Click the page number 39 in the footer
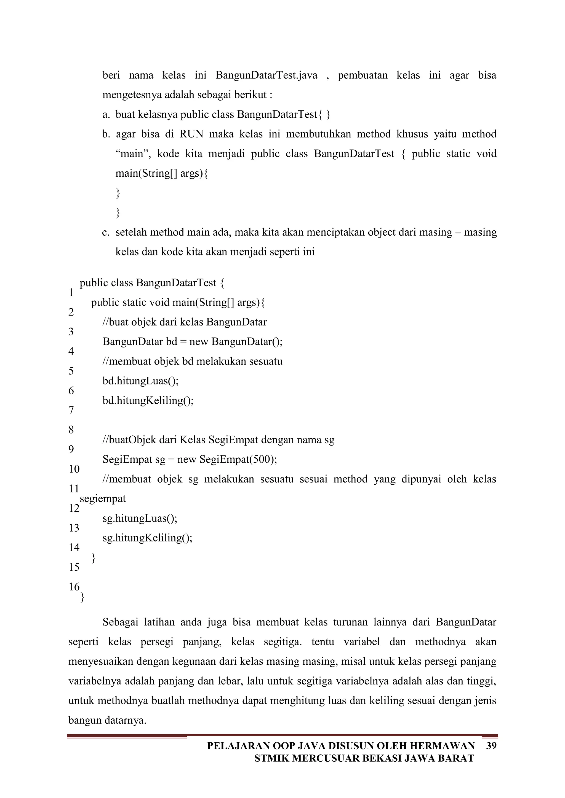[x=491, y=746]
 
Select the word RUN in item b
[x=191, y=134]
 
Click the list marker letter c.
[x=106, y=232]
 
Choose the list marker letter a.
[x=106, y=114]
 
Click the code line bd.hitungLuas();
[x=140, y=381]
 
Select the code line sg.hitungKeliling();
[x=147, y=538]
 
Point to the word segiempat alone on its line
[x=103, y=499]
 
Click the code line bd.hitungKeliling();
[x=148, y=401]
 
